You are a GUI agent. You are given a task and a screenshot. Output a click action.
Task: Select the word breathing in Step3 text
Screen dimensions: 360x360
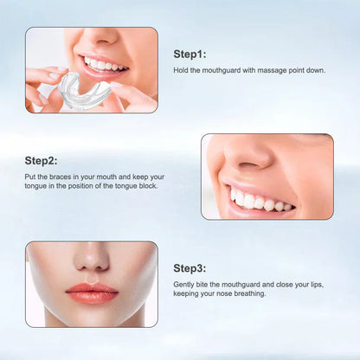pos(251,295)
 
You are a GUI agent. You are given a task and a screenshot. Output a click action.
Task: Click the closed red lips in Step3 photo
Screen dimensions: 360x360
pos(91,291)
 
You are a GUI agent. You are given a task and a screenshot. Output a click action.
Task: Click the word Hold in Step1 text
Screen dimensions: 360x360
pos(182,70)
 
